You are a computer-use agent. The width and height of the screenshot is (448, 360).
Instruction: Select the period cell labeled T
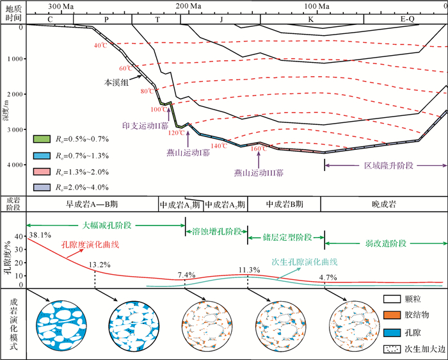[156, 19]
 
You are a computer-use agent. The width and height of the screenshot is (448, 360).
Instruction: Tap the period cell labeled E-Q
[406, 19]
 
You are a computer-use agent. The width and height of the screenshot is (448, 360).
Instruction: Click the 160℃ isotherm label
[259, 149]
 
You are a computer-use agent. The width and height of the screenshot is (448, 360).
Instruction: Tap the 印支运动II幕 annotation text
[141, 126]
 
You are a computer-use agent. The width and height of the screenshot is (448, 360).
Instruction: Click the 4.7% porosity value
[328, 278]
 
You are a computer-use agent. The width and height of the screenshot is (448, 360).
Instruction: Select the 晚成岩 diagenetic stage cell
[383, 205]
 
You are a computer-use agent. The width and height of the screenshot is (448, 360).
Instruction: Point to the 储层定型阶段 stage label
[287, 237]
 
